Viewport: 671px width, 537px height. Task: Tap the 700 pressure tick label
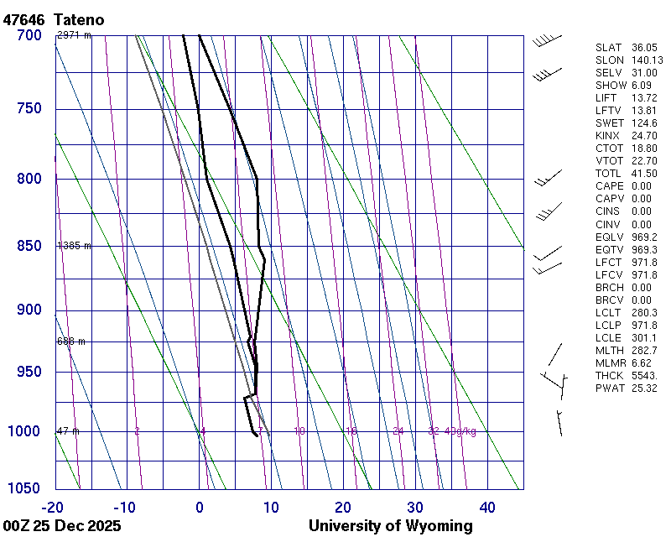(29, 35)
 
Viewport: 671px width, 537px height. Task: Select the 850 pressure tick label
(29, 246)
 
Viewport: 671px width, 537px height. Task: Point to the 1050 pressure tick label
(25, 488)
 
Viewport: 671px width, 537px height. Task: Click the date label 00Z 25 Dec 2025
(62, 526)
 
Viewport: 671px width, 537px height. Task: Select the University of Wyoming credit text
(390, 526)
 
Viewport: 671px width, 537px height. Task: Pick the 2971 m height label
(74, 35)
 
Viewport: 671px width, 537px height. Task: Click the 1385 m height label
(74, 246)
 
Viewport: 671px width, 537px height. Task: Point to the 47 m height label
(68, 431)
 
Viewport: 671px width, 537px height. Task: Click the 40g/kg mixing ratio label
(461, 431)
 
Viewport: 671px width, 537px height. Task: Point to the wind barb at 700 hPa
(546, 39)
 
